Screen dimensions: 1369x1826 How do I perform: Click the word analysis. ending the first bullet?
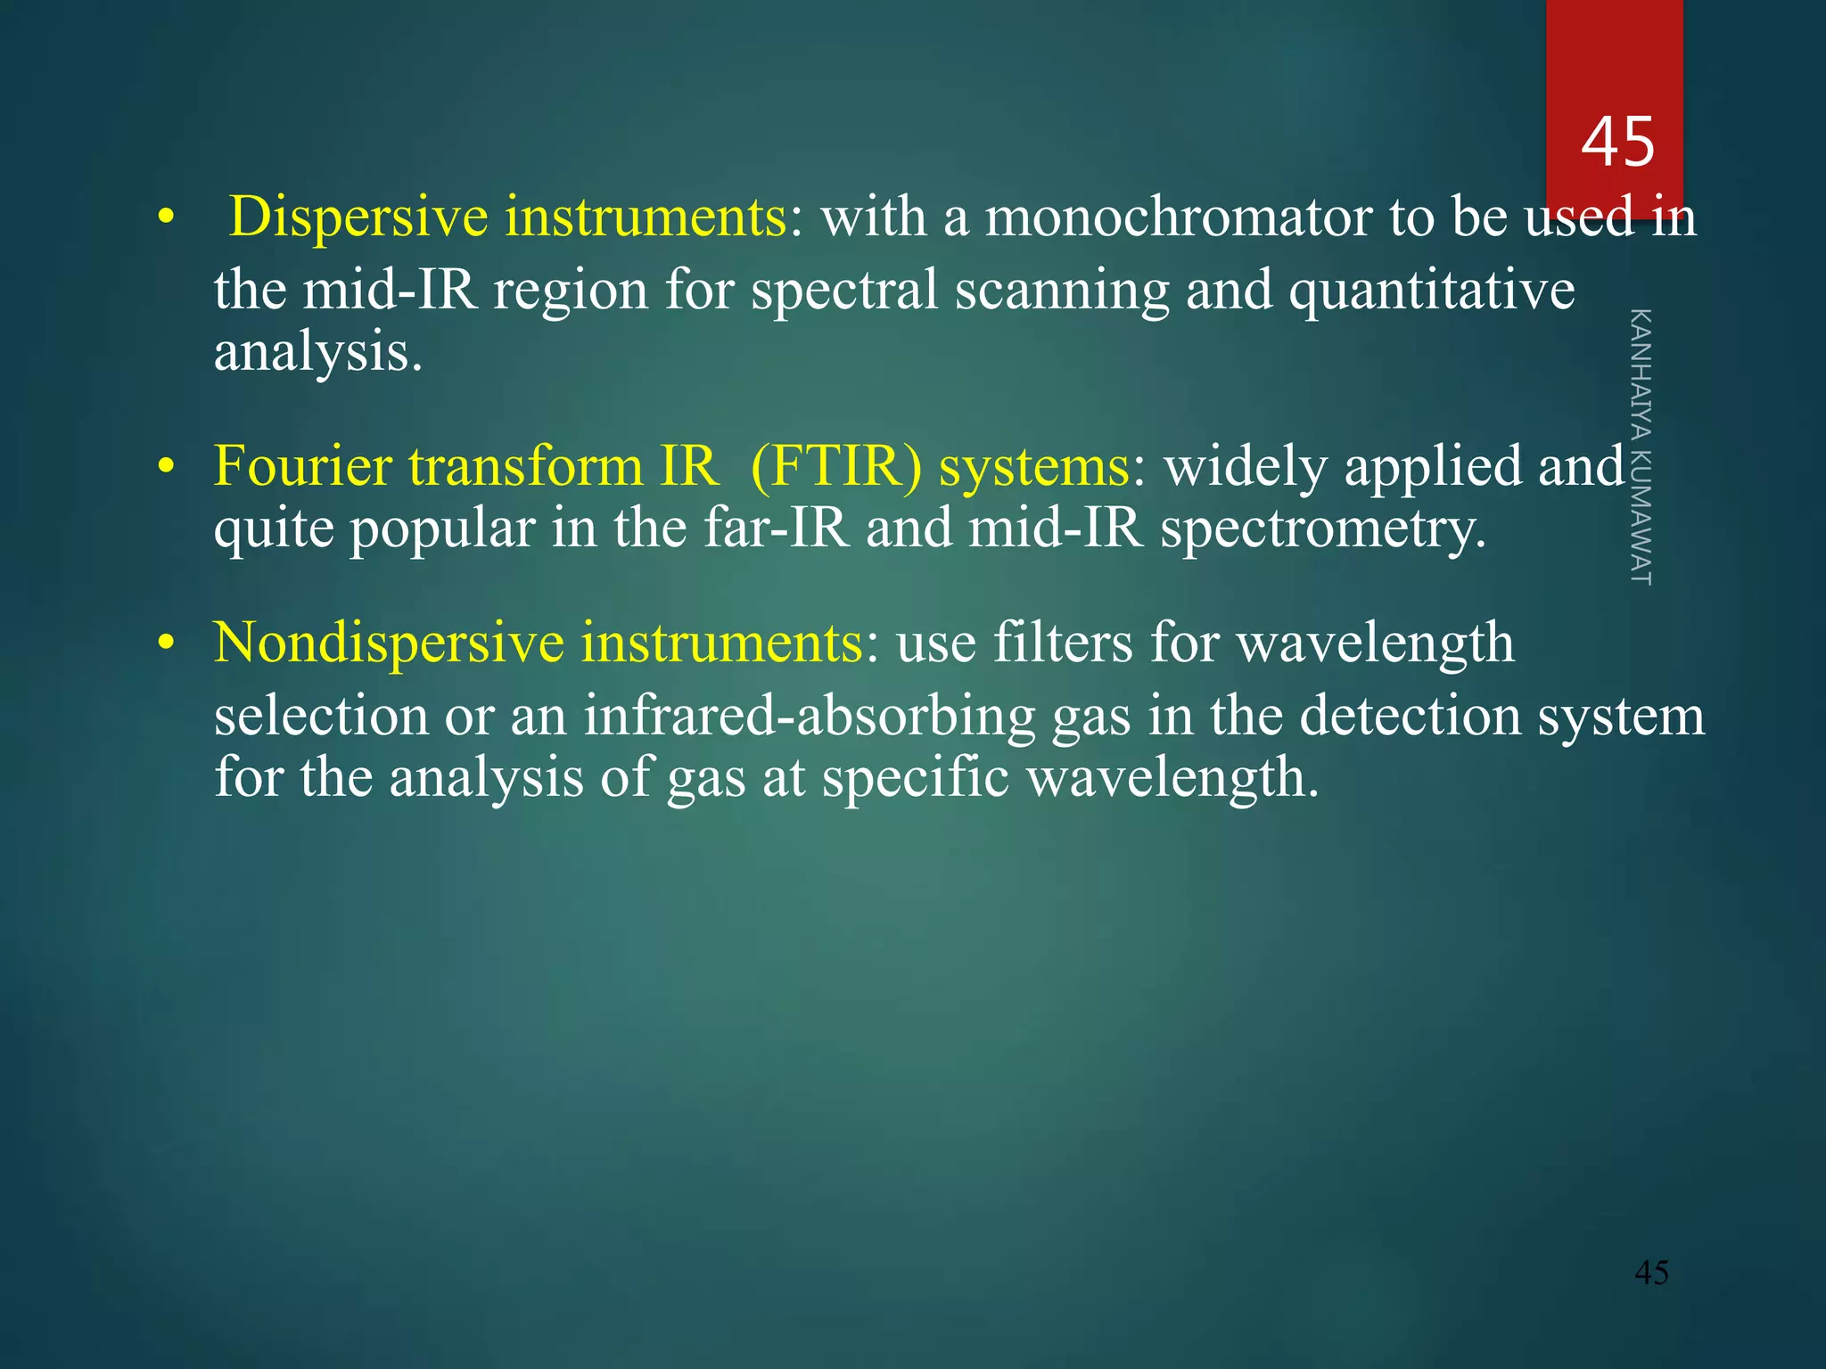point(317,353)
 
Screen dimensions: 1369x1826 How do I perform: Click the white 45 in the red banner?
point(1617,143)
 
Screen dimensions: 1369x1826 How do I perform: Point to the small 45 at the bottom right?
point(1651,1273)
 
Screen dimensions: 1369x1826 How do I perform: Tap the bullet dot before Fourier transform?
point(164,468)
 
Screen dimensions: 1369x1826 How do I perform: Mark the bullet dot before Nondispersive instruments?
point(164,644)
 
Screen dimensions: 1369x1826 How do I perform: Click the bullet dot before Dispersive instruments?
point(164,218)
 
